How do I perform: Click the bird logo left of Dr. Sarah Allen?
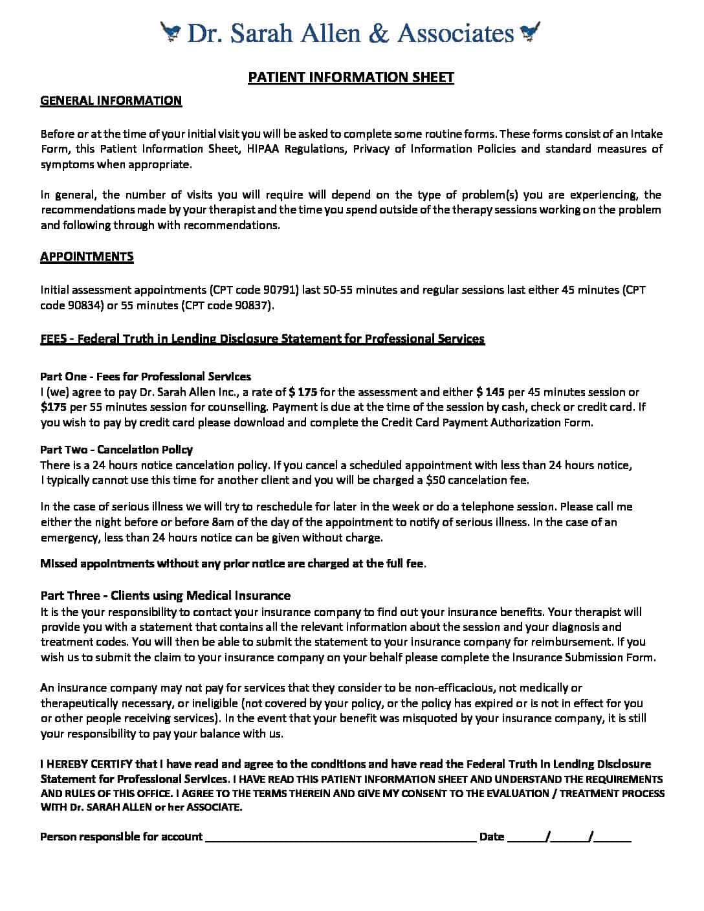tap(171, 31)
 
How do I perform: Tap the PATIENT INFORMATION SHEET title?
tap(351, 78)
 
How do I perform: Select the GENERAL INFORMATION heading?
tap(111, 100)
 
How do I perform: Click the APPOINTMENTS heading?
tap(87, 256)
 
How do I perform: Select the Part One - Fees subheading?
tap(146, 376)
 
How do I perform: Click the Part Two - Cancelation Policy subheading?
tap(116, 449)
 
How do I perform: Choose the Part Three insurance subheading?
tap(165, 595)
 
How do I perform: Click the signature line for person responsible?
tap(340, 837)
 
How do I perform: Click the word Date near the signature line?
tap(491, 837)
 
